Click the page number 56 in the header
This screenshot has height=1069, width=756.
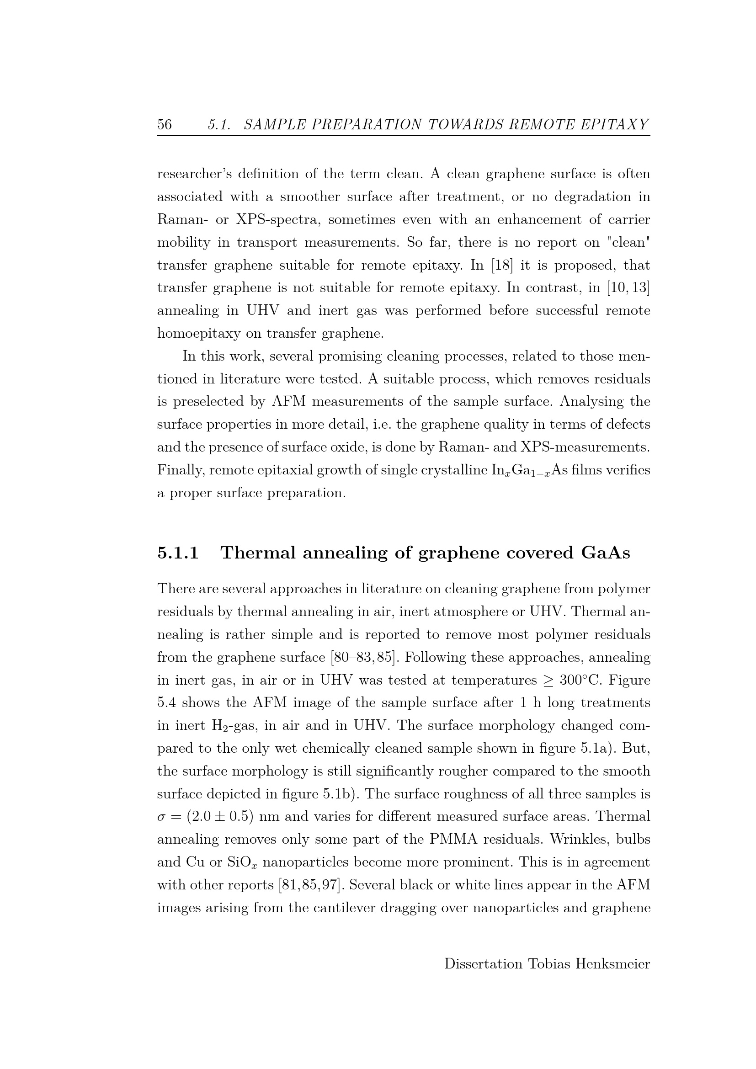coord(165,124)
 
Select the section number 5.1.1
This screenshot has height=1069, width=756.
coord(178,553)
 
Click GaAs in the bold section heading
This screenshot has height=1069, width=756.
coord(605,553)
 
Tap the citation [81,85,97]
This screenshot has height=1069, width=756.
coord(311,885)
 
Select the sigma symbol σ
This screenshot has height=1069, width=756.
coord(162,817)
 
